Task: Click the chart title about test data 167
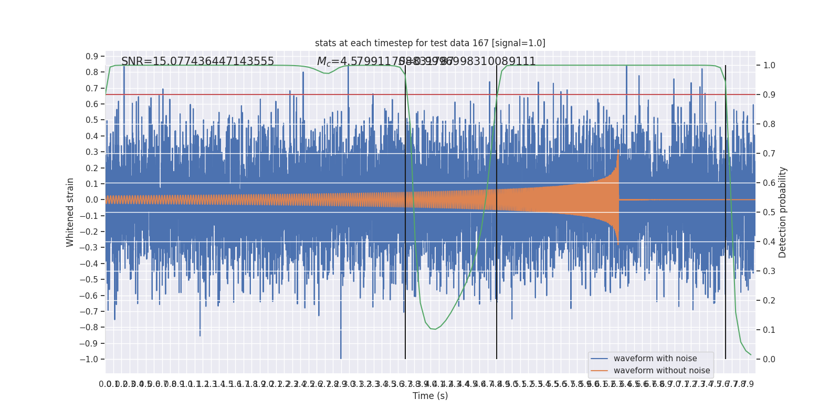(430, 43)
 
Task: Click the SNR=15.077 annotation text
(197, 61)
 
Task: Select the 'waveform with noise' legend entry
(655, 359)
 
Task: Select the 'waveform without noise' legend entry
(661, 371)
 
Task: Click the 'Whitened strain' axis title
(70, 212)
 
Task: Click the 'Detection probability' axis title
(783, 212)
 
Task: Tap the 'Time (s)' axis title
(430, 396)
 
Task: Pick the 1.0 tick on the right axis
(769, 66)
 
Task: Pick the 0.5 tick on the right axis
(769, 213)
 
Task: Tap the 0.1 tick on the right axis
(769, 330)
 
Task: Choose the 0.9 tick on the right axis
(769, 95)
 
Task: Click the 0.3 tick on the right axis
(769, 271)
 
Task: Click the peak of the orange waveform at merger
(618, 150)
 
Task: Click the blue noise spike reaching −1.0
(341, 358)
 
